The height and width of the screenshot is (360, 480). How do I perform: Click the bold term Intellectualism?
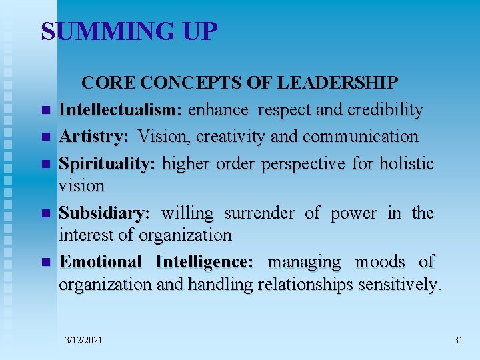[x=121, y=110]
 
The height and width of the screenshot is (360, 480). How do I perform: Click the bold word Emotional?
[x=101, y=262]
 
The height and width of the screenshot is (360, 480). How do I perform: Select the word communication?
[x=361, y=137]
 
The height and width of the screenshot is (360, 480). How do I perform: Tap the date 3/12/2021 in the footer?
[x=84, y=340]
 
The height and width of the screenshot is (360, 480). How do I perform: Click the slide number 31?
[x=458, y=340]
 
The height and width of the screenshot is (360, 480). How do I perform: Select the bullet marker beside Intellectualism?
[x=45, y=111]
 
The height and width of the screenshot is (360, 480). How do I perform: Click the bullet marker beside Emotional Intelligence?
[x=45, y=263]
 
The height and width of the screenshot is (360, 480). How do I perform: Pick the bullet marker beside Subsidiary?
[x=45, y=214]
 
